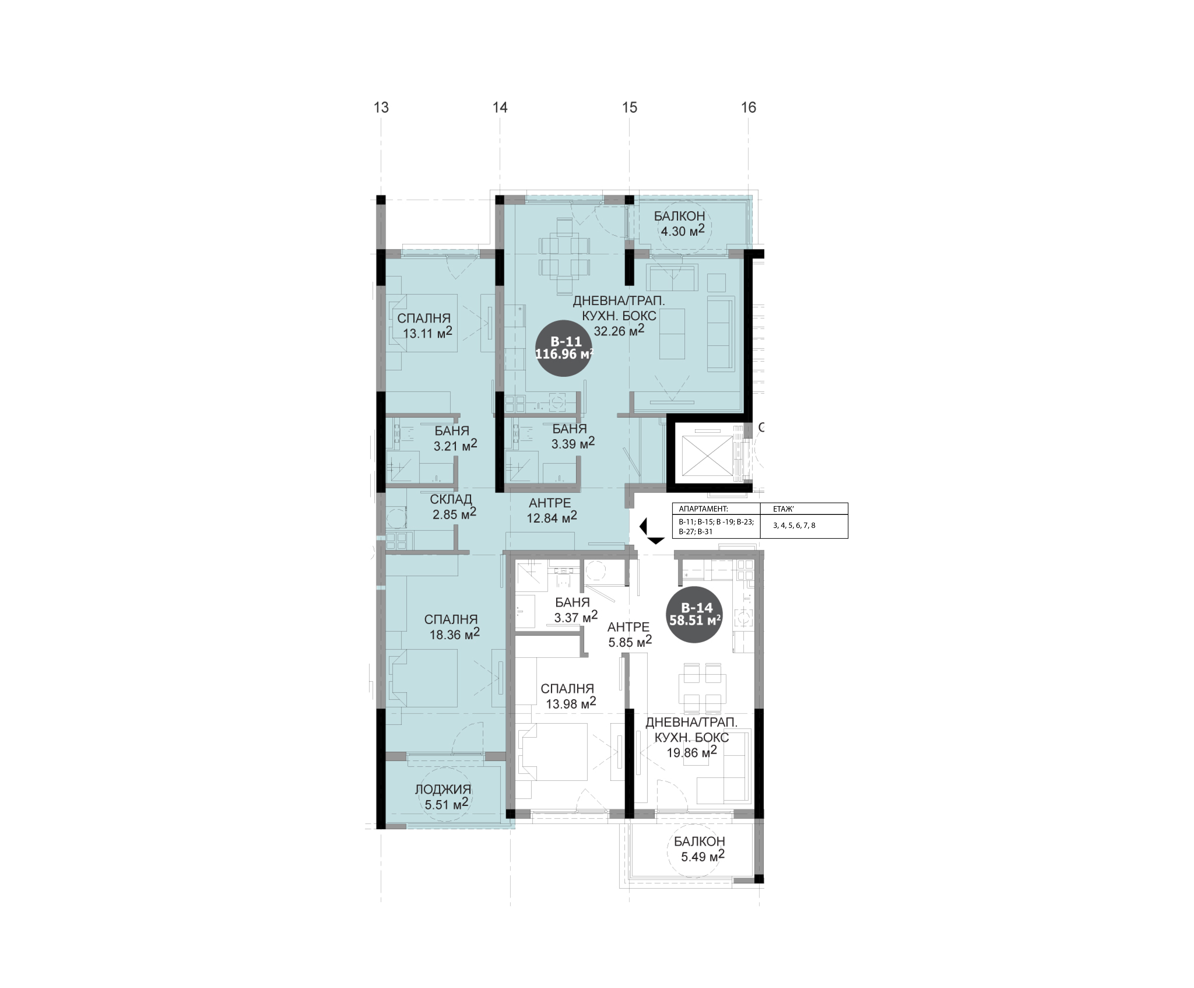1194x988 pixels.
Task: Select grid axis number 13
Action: tap(381, 107)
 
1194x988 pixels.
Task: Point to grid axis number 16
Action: tap(749, 107)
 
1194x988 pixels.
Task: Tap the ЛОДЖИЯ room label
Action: tap(443, 790)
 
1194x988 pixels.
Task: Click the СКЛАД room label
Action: tap(451, 499)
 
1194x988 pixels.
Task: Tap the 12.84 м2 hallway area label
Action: tap(552, 517)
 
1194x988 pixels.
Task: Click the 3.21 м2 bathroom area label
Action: tap(455, 446)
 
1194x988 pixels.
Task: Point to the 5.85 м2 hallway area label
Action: tap(629, 642)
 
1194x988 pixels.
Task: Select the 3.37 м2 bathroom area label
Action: tap(575, 617)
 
